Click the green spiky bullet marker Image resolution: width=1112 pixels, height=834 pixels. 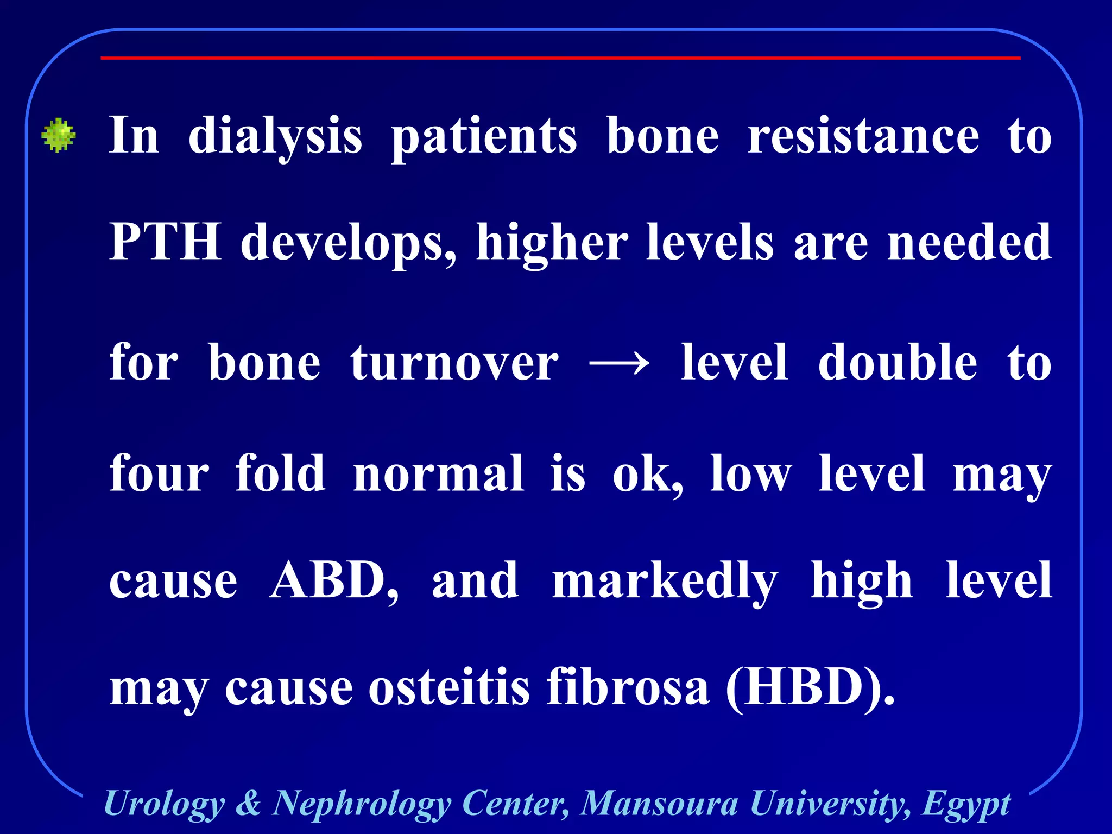59,135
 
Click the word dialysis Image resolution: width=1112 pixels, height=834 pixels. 275,136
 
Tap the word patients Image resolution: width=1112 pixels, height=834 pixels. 484,136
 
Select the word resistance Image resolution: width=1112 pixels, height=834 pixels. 863,136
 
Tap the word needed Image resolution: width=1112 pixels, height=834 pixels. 969,243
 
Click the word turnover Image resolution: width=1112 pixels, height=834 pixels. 454,363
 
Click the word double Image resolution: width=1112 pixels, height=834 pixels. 898,363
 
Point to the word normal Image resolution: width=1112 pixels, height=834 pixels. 438,473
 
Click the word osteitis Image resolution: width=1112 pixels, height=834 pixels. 448,687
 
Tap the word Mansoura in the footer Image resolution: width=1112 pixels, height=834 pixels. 659,803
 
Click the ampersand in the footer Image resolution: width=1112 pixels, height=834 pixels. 248,803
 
